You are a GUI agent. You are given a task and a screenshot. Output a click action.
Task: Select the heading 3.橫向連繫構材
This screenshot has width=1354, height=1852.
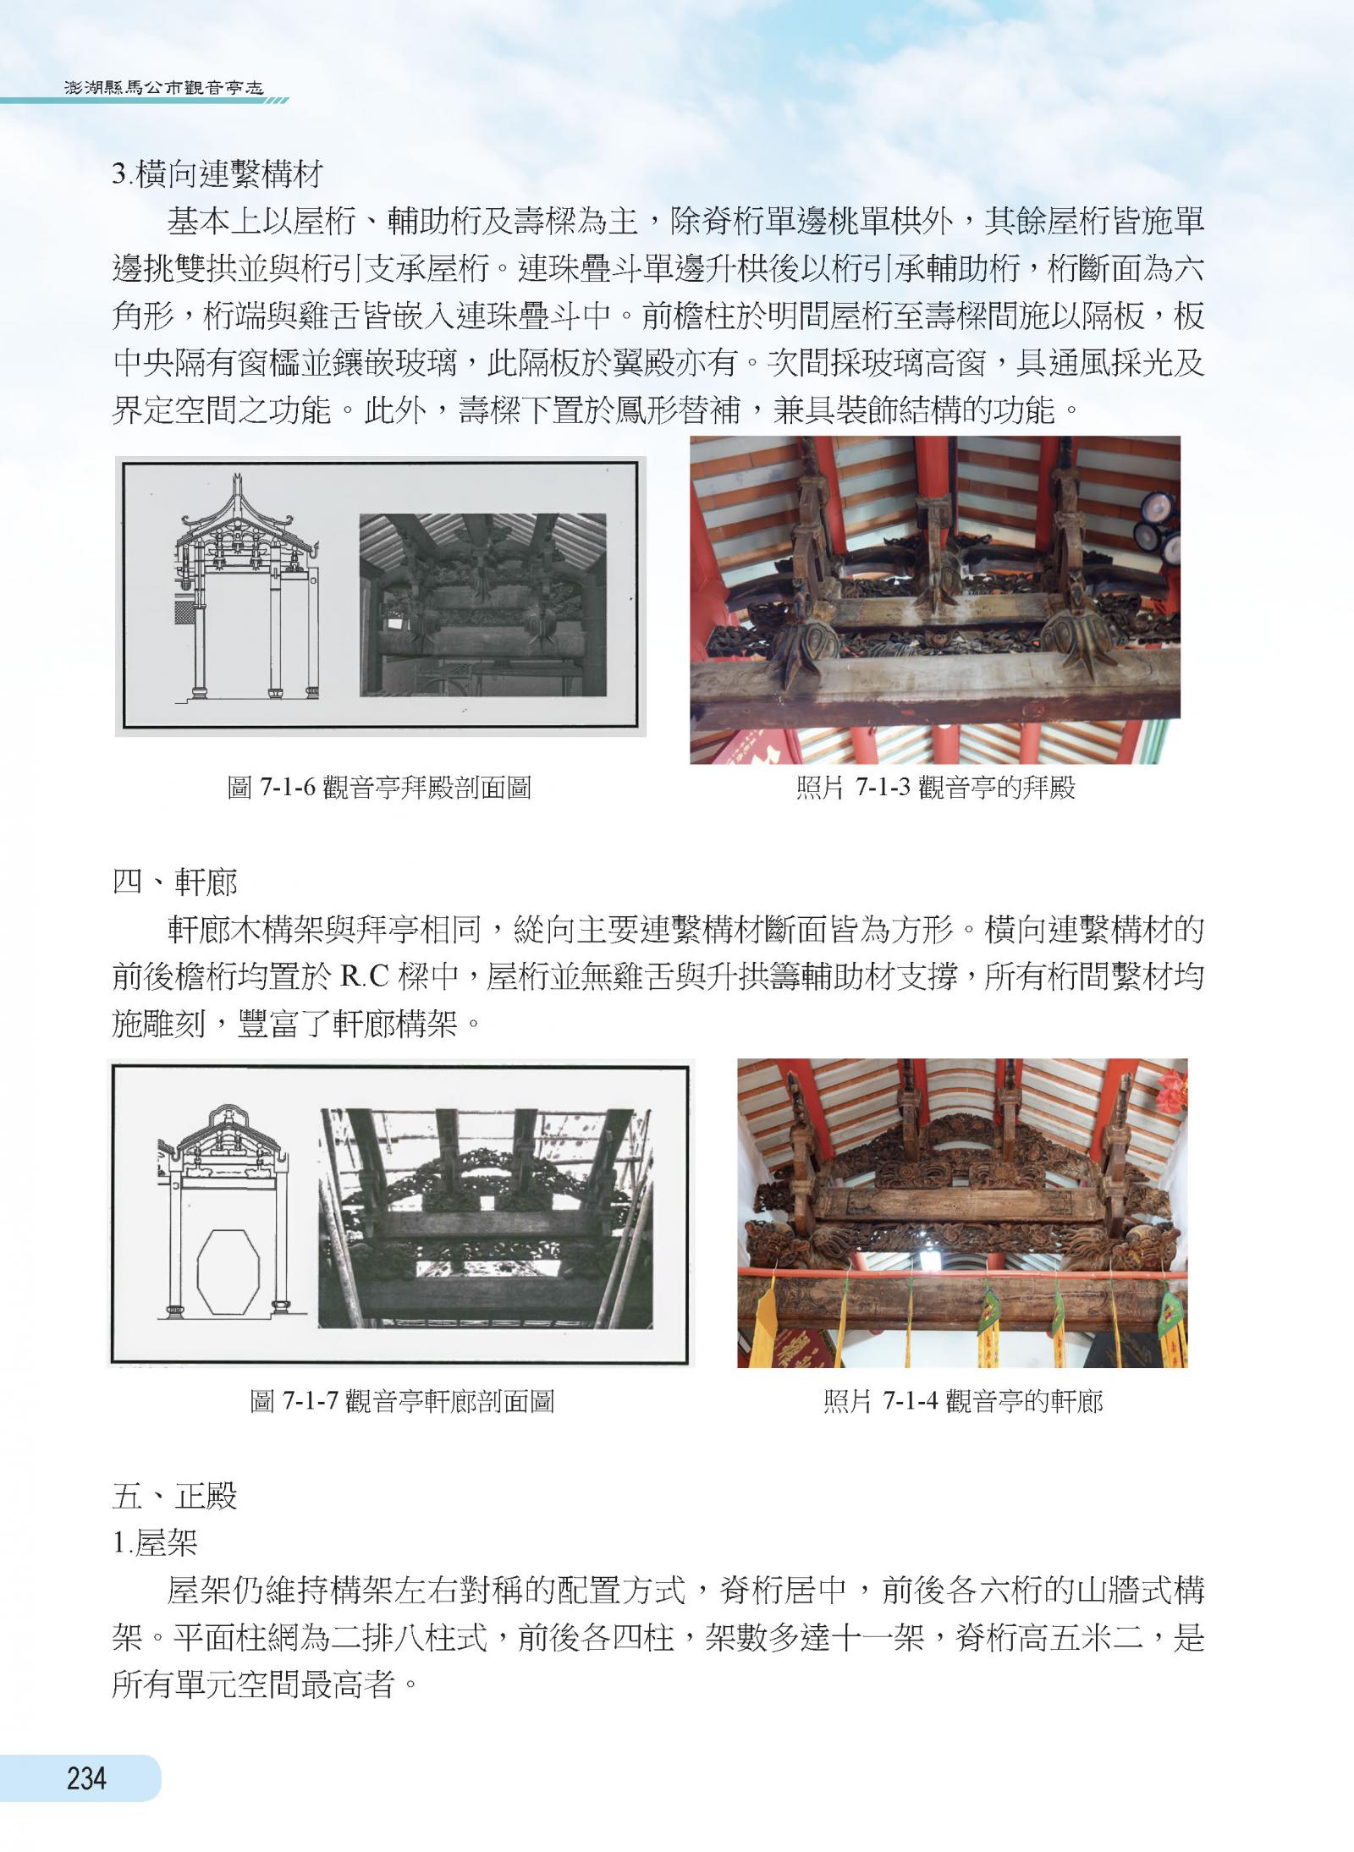217,175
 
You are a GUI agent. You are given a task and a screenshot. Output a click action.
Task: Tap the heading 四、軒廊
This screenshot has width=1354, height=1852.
175,882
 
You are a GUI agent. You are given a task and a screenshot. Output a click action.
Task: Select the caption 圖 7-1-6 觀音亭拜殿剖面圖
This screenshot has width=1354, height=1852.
380,788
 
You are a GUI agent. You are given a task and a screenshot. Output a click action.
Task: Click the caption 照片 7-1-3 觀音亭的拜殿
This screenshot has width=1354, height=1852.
935,788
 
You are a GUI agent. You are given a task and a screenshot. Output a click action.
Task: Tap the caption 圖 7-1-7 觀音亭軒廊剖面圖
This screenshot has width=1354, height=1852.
402,1401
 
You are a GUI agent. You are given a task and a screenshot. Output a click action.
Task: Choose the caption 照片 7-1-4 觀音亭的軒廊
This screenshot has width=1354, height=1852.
963,1401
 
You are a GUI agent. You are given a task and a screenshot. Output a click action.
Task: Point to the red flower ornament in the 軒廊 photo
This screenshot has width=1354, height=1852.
1171,1091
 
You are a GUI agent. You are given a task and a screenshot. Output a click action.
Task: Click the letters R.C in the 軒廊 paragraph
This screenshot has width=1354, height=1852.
364,977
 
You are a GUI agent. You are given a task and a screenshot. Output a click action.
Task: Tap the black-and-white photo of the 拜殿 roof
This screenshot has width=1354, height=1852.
482,605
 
